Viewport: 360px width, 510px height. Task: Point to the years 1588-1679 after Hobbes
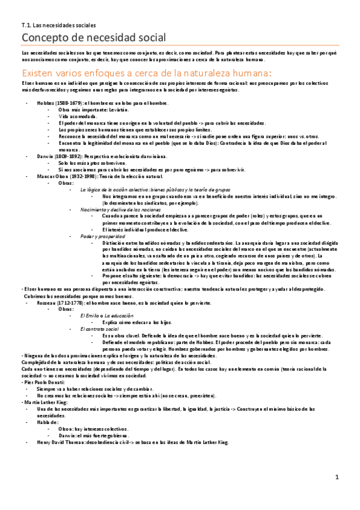point(70,103)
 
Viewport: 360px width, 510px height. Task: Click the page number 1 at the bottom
point(337,494)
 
